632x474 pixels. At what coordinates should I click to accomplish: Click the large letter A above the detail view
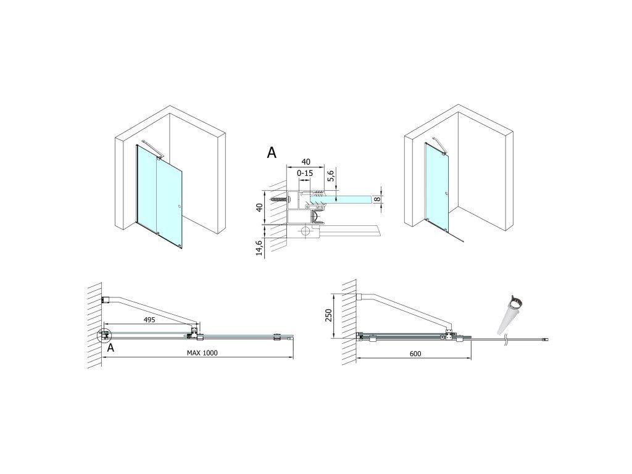click(x=272, y=153)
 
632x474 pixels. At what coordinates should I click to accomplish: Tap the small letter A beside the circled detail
click(x=110, y=348)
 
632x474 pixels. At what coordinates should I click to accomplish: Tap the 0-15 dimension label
click(x=306, y=175)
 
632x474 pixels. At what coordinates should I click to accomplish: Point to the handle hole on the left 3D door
click(x=178, y=207)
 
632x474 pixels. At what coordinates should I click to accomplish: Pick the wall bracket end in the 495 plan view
click(x=106, y=301)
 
